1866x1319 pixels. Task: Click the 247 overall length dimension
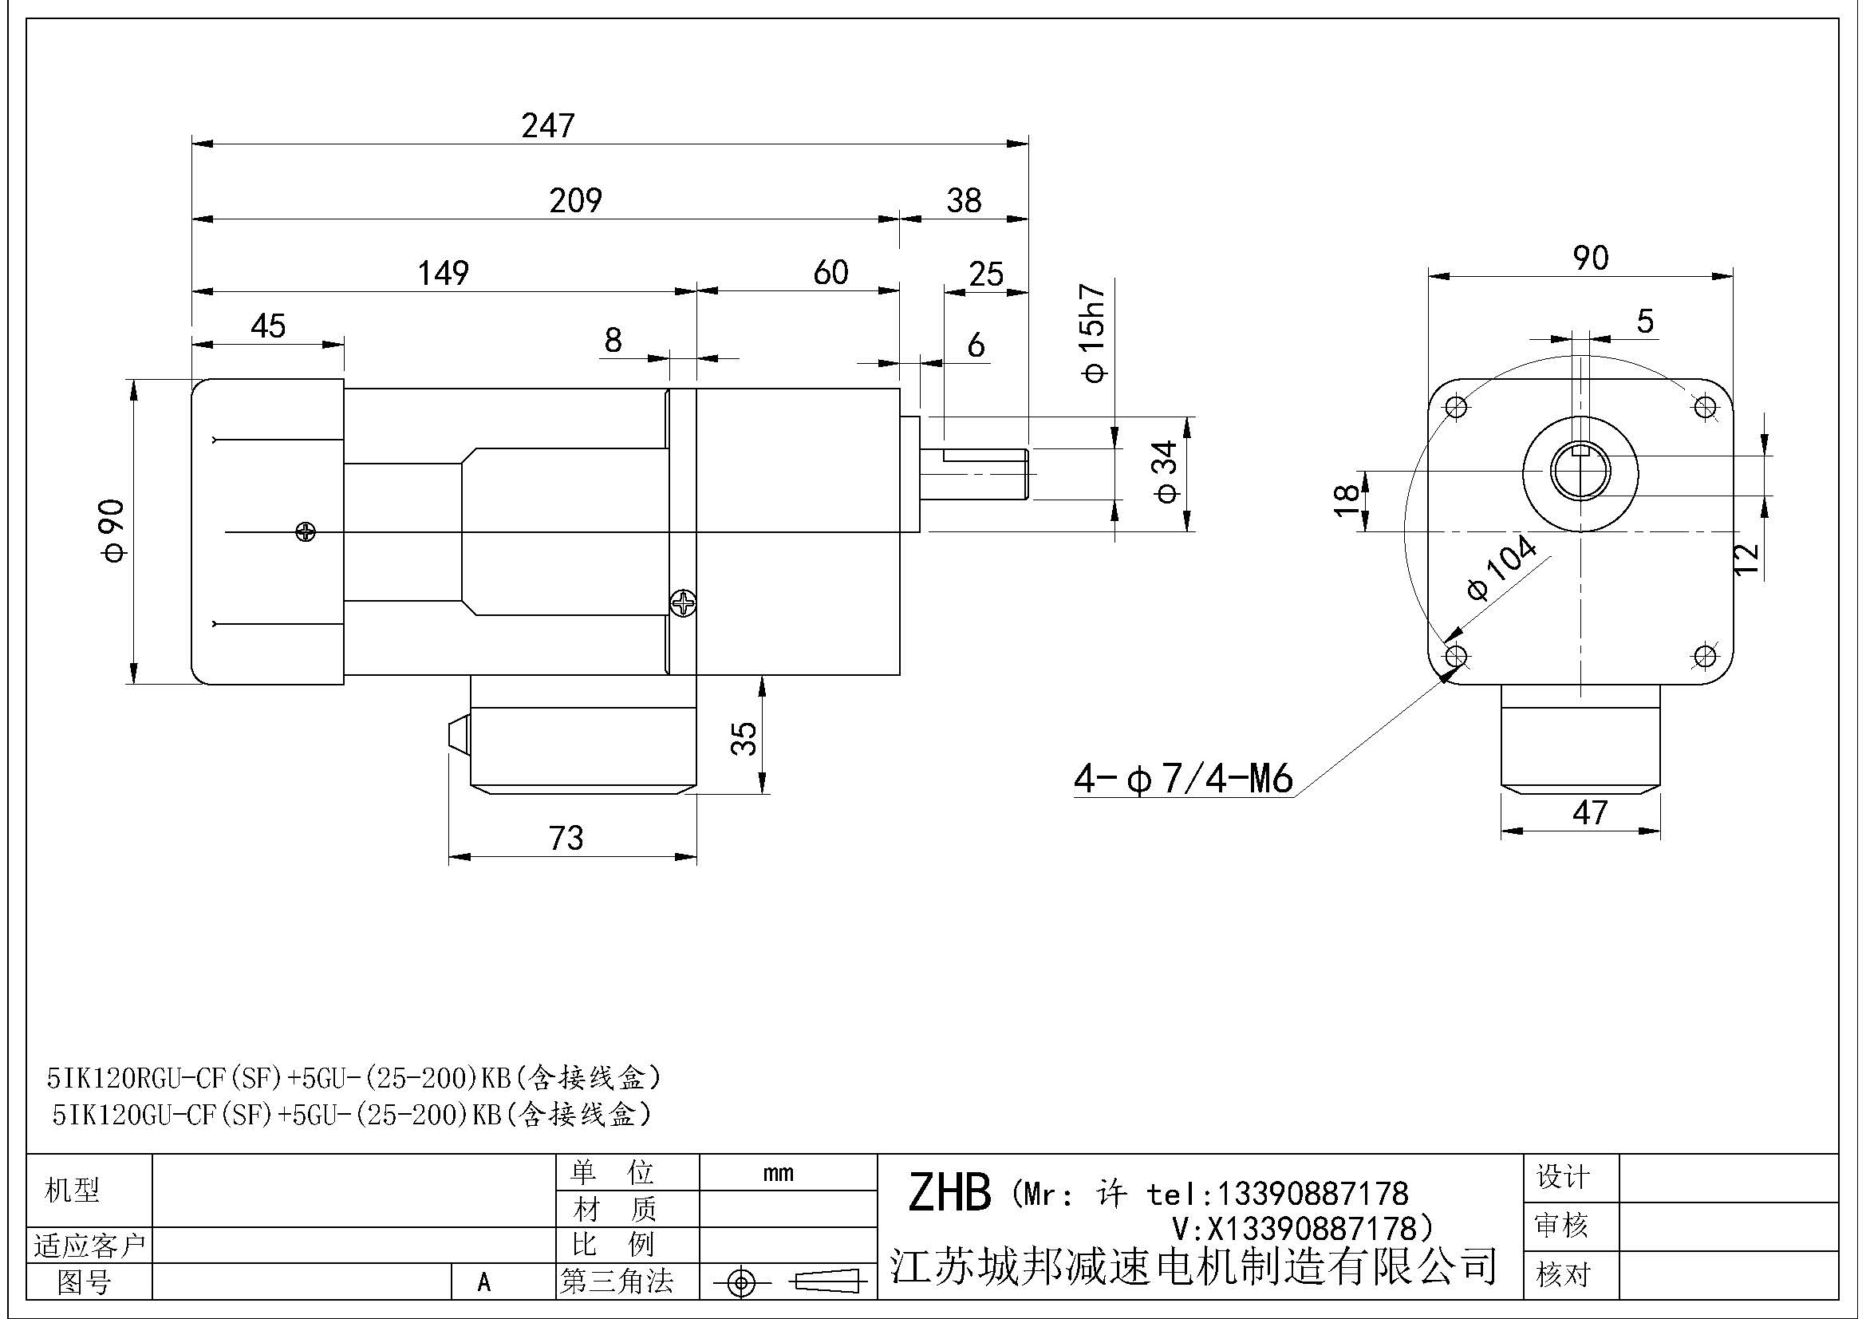tap(548, 125)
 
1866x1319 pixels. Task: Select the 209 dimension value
tap(575, 200)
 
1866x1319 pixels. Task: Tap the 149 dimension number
tap(443, 273)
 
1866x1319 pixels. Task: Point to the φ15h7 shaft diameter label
tap(1095, 334)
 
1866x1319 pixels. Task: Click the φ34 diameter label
tap(1166, 472)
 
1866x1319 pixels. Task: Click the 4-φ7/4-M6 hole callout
tap(1182, 779)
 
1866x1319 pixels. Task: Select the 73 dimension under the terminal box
tap(566, 838)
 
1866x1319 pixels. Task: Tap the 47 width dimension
tap(1590, 812)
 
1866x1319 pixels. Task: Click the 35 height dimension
tap(744, 739)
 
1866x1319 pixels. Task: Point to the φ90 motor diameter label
tap(115, 531)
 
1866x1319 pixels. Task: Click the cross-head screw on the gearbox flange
tap(684, 604)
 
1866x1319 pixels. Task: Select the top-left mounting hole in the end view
tap(1457, 405)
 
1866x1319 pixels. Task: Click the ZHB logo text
tap(949, 1192)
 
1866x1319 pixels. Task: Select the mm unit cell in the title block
tap(778, 1174)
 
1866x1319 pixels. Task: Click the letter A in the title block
tap(484, 1282)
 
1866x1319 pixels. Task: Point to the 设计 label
tap(1562, 1177)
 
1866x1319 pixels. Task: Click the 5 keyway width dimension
tap(1644, 322)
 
